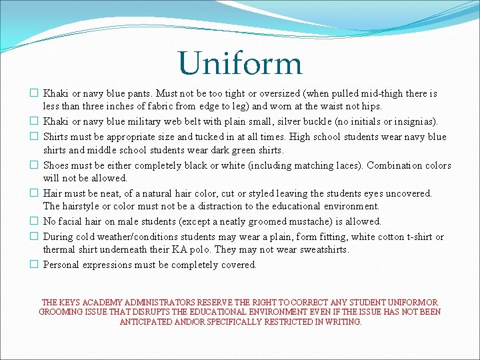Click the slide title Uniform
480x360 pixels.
coord(240,63)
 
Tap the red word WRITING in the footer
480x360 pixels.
coord(343,321)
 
